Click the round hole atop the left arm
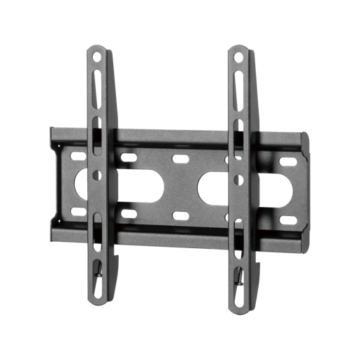[97, 54]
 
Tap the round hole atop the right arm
[239, 55]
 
